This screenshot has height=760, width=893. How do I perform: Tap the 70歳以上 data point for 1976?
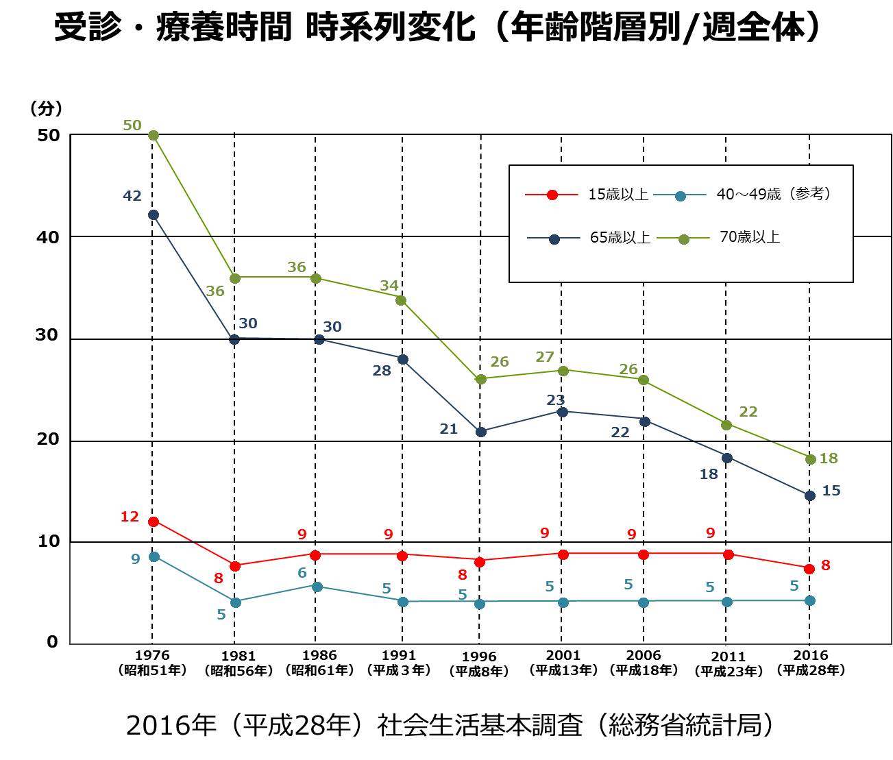pos(154,136)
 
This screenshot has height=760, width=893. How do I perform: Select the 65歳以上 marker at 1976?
pos(154,214)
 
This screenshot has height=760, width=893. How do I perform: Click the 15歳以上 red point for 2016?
pos(809,569)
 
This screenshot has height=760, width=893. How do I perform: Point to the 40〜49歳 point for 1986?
pos(317,587)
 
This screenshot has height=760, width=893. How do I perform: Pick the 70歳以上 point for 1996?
pos(480,379)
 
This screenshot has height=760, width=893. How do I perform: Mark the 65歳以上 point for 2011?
pos(727,458)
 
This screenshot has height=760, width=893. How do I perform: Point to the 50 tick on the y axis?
pos(48,136)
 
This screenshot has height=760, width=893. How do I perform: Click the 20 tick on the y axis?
pos(48,440)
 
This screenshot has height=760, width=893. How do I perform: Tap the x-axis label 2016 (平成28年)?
pos(811,663)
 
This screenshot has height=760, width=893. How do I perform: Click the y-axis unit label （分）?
pos(46,108)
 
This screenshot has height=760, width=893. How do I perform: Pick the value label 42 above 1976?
pos(132,197)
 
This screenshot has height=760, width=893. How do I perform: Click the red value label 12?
pos(130,517)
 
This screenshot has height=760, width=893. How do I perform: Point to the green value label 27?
pos(544,357)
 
